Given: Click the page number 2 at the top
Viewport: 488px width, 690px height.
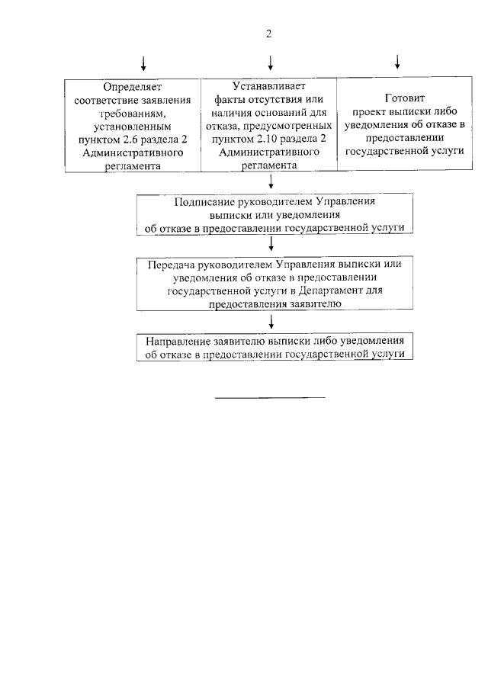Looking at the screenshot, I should pos(268,34).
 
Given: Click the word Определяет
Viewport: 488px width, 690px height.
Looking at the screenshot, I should pos(133,86).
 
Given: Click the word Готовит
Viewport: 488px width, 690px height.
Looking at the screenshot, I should pos(404,98).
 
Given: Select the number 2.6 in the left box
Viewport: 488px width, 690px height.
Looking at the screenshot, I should pos(144,137).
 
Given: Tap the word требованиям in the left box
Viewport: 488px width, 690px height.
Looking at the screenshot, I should pos(133,112).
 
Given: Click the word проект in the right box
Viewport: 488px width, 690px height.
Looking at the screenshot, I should pos(370,111).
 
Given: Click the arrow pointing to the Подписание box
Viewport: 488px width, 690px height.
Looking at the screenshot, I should pos(271,183).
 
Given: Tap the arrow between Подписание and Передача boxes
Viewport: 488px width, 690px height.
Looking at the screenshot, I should pos(271,243).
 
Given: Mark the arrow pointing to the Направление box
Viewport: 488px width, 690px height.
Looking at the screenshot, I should pos(271,321).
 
